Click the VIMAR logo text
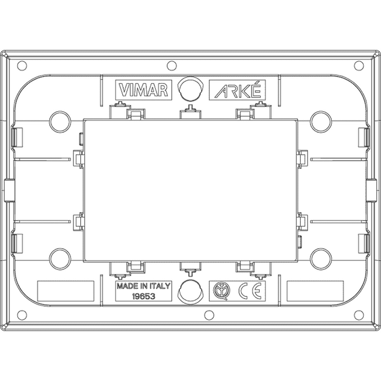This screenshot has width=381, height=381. (x=144, y=90)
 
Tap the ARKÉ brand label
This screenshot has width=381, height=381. (x=237, y=90)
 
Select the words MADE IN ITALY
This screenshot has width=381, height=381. (x=144, y=286)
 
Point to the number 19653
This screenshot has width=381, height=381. (x=144, y=296)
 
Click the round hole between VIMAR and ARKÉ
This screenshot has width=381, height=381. (x=190, y=89)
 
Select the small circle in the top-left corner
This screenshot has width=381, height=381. (x=22, y=66)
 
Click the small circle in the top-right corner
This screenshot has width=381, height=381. (x=359, y=66)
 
